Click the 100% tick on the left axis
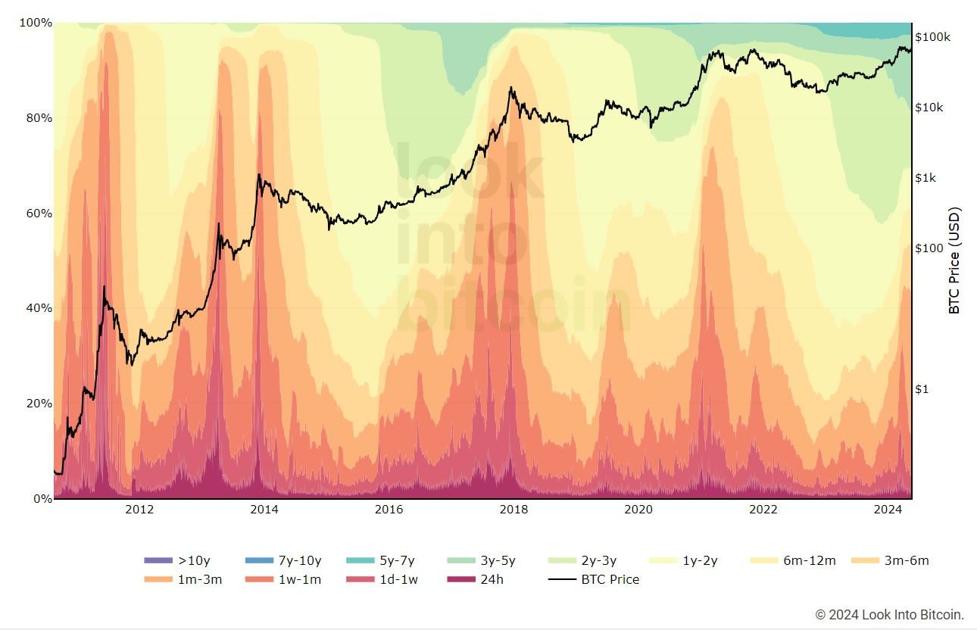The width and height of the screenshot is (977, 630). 36,23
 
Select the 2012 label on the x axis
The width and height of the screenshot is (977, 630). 139,510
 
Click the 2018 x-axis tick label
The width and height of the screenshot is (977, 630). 513,510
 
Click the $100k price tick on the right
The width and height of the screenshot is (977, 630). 932,36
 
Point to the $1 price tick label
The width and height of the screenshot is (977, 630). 922,389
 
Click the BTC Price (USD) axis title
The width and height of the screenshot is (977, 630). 955,260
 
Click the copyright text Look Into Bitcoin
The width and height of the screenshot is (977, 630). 890,614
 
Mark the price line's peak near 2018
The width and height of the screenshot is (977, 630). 512,88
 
